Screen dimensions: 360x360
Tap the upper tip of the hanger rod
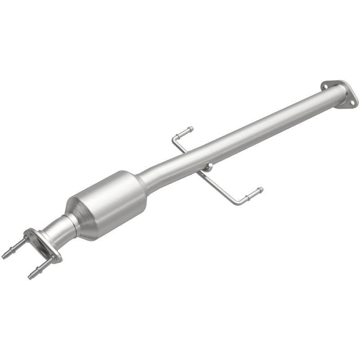pyautogui.click(x=191, y=129)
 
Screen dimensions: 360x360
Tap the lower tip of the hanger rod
pyautogui.click(x=260, y=189)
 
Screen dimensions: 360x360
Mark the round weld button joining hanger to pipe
pyautogui.click(x=207, y=168)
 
